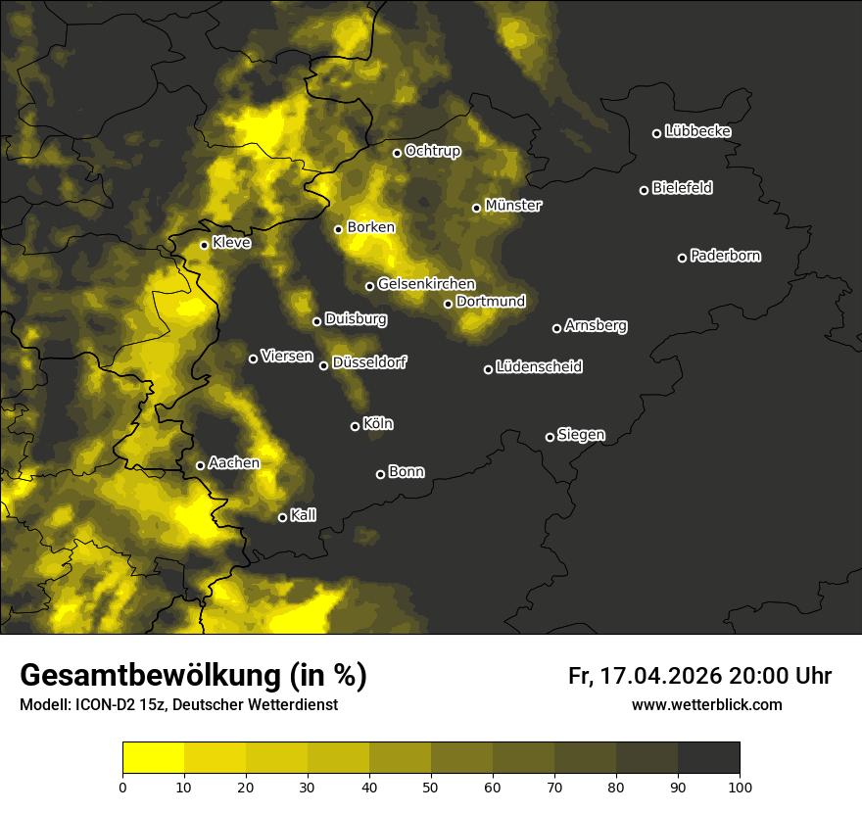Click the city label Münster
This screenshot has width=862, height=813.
pyautogui.click(x=513, y=206)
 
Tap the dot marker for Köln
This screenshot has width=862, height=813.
pyautogui.click(x=355, y=426)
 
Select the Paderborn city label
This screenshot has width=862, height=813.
pyautogui.click(x=726, y=256)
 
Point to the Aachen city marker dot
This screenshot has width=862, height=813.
pyautogui.click(x=200, y=465)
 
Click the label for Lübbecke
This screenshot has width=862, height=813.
pyautogui.click(x=697, y=131)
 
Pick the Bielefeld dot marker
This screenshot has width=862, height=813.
pyautogui.click(x=644, y=190)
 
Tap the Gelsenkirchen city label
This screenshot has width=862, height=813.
pyautogui.click(x=426, y=284)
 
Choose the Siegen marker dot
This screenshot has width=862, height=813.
pyautogui.click(x=550, y=437)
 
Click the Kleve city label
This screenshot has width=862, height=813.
pyautogui.click(x=231, y=243)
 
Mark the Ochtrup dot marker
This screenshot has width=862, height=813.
pyautogui.click(x=397, y=153)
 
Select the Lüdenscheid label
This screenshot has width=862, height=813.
pyautogui.click(x=539, y=367)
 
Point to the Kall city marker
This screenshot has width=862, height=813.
pyautogui.click(x=282, y=517)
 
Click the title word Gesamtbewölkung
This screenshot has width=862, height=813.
pyautogui.click(x=147, y=676)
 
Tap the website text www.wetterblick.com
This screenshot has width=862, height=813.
pyautogui.click(x=706, y=705)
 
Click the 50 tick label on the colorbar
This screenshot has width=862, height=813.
pyautogui.click(x=431, y=787)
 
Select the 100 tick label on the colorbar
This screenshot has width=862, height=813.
pyautogui.click(x=740, y=787)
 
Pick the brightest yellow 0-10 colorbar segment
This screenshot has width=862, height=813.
pyautogui.click(x=153, y=758)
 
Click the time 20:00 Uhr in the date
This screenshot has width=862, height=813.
pyautogui.click(x=780, y=676)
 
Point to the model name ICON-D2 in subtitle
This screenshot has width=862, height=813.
pyautogui.click(x=108, y=705)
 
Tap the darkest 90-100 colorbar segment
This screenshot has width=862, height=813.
pyautogui.click(x=708, y=758)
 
